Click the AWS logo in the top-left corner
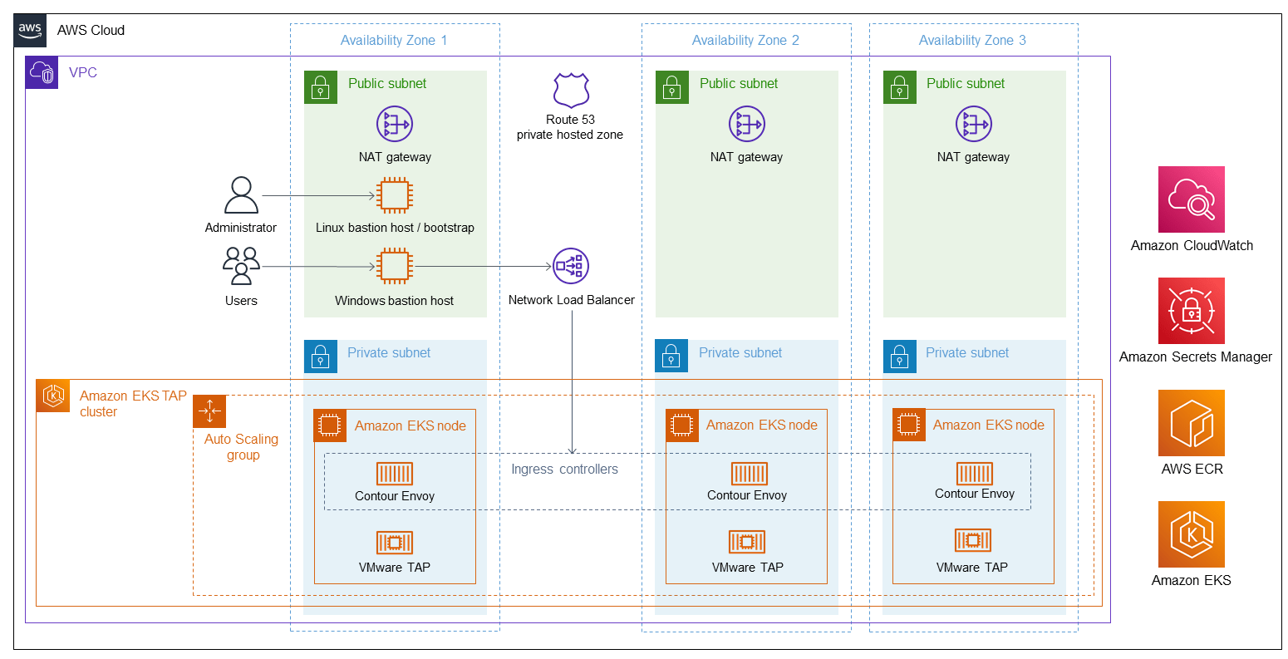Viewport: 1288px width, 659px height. click(x=30, y=30)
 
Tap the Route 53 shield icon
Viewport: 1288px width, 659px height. click(x=571, y=91)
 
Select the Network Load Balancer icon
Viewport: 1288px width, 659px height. click(x=571, y=266)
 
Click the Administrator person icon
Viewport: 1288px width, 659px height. click(x=241, y=196)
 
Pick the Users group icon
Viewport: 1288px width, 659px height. click(x=241, y=267)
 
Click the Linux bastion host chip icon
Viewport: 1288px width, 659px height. click(x=394, y=196)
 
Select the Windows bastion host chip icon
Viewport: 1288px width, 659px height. click(x=394, y=267)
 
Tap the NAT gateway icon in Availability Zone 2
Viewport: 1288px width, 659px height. click(x=746, y=125)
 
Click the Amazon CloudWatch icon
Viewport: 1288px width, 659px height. click(x=1191, y=199)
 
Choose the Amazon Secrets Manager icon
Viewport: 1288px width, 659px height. click(x=1191, y=311)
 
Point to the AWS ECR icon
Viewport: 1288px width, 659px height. click(x=1191, y=423)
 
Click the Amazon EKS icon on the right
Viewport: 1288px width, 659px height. click(x=1191, y=534)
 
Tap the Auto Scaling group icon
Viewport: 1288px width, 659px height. click(x=209, y=411)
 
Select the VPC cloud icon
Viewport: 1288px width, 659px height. click(x=42, y=73)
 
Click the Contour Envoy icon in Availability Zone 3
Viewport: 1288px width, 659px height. click(x=974, y=474)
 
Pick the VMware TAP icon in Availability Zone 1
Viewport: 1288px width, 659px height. click(x=395, y=543)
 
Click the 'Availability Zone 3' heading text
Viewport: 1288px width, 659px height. click(x=972, y=40)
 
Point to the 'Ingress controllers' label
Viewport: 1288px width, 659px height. click(x=564, y=470)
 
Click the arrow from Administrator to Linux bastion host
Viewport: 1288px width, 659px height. click(x=319, y=196)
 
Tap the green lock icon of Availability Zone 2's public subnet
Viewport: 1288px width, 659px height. click(x=672, y=87)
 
